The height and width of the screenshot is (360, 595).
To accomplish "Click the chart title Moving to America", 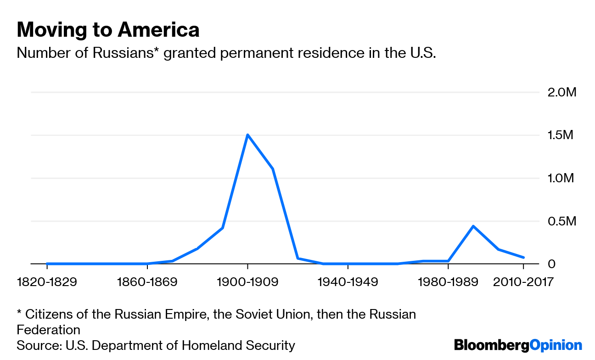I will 108,30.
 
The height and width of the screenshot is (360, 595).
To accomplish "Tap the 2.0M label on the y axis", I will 561,92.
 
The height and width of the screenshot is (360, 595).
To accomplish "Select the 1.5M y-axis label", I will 561,135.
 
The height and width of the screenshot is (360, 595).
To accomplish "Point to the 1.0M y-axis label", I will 561,178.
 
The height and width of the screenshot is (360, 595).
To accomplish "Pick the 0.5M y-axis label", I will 561,221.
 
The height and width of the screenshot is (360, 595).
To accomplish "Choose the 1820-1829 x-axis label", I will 47,281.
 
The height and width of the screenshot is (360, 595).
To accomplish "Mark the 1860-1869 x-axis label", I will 147,281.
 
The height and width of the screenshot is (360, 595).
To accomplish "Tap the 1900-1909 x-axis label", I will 247,281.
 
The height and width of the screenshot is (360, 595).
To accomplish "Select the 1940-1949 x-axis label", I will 348,281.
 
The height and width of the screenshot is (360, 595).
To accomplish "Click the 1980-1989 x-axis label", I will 448,281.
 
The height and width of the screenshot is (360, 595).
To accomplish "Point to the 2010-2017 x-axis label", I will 523,281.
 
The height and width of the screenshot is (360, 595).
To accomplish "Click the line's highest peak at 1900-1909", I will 247,135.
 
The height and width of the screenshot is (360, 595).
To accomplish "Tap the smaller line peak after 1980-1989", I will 473,226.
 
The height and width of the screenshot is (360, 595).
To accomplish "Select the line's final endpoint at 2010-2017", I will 523,258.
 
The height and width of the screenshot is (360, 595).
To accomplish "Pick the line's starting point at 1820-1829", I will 47,264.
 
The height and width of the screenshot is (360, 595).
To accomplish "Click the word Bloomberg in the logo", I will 491,345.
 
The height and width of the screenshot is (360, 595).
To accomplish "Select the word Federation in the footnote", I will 48,330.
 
